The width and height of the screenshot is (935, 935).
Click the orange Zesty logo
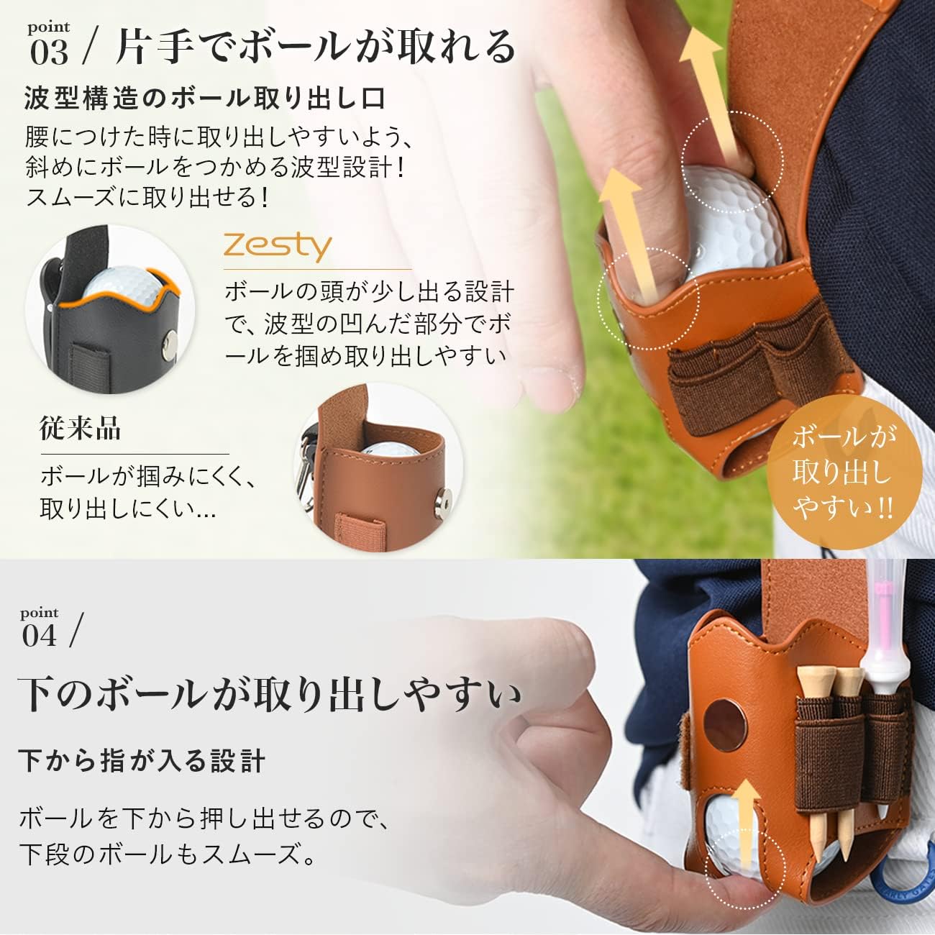[277, 246]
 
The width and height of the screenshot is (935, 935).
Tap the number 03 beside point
[50, 53]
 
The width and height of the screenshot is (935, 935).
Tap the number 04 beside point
[40, 636]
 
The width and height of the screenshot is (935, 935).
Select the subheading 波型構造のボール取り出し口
[205, 99]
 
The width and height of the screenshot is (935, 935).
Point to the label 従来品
[80, 429]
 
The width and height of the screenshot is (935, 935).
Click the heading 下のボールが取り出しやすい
[270, 695]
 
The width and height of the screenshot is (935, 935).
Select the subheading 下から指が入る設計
[142, 760]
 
